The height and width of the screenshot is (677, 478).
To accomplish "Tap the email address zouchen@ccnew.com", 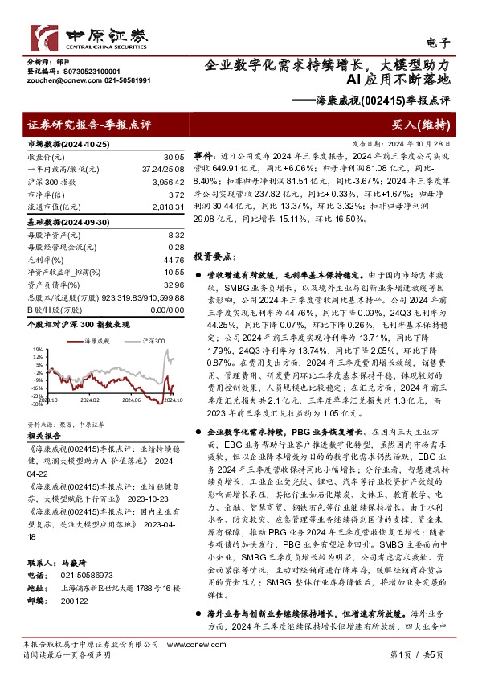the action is coord(56,80).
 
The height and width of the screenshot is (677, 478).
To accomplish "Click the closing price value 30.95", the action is coord(174,156).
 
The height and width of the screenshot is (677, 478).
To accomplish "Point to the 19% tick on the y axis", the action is coord(37,349).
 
